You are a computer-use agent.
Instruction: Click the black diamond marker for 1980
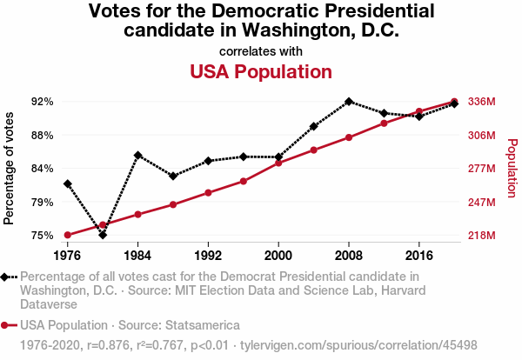103,235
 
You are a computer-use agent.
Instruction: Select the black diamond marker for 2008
349,102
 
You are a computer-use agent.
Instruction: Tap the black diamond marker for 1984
137,156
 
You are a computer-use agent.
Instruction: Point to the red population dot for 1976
67,235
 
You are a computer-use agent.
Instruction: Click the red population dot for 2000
278,163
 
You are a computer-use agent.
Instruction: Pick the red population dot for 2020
454,102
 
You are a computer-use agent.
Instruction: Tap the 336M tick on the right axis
482,102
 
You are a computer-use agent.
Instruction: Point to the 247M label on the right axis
482,202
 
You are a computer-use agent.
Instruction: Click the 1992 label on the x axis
208,257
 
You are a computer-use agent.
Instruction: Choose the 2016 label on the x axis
419,257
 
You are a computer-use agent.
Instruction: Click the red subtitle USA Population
261,71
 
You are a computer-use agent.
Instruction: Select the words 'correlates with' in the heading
261,50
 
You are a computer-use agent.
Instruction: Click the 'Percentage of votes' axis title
10,168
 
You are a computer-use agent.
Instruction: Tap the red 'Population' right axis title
512,168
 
